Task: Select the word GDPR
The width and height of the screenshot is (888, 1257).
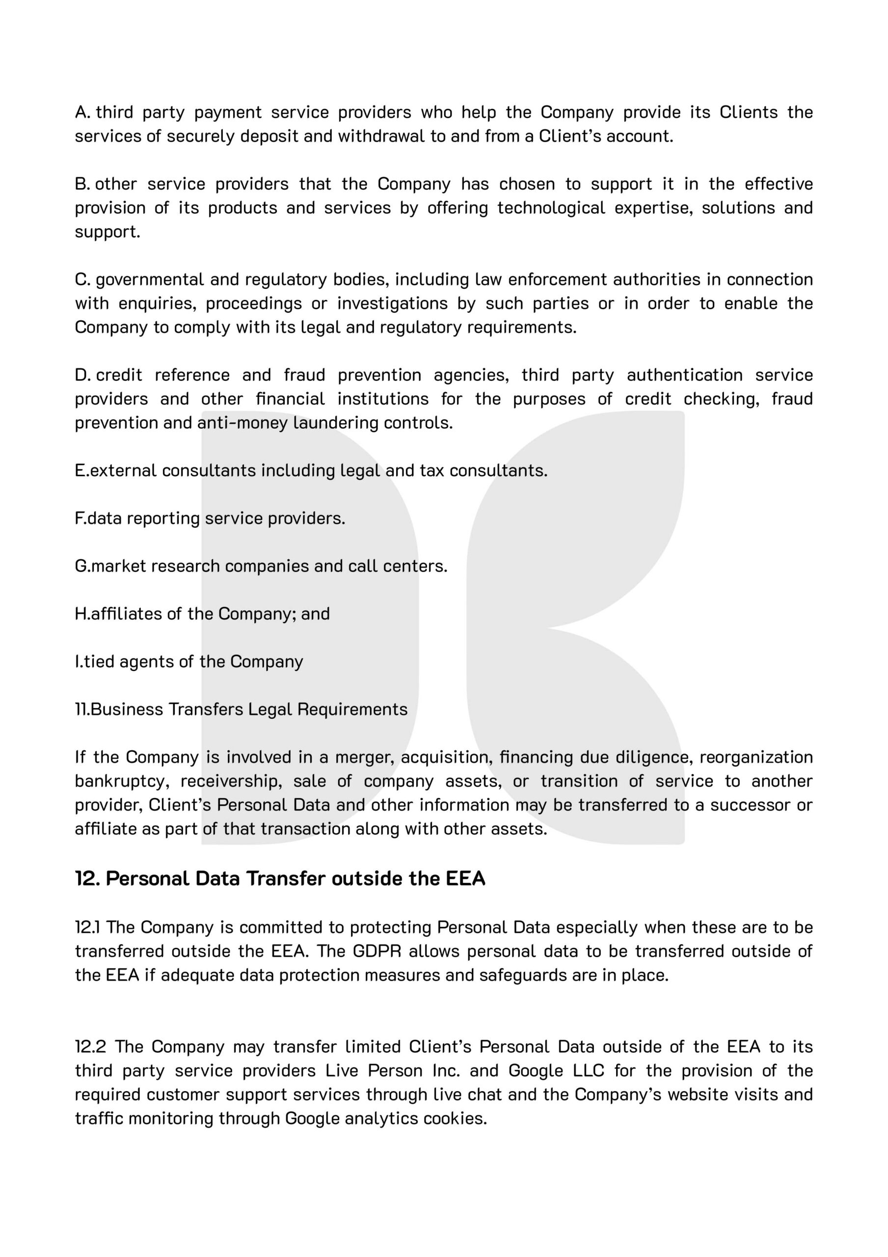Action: pyautogui.click(x=377, y=951)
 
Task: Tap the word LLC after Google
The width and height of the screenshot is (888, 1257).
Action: pyautogui.click(x=589, y=1070)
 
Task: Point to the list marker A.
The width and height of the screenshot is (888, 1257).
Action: pyautogui.click(x=82, y=112)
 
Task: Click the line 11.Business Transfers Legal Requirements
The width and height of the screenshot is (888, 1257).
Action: pyautogui.click(x=241, y=709)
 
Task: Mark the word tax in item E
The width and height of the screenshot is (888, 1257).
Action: pyautogui.click(x=432, y=470)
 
